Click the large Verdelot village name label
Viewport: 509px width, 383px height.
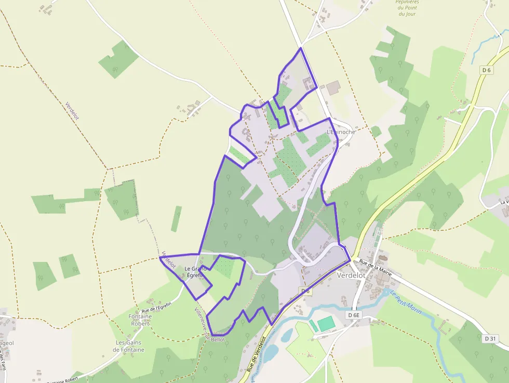point(352,275)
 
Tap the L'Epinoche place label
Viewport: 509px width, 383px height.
point(341,132)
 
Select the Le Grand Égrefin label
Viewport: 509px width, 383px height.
point(196,272)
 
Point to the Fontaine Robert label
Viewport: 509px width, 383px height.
point(140,320)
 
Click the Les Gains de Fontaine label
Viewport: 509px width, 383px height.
point(130,346)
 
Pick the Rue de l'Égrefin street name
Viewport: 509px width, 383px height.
point(156,307)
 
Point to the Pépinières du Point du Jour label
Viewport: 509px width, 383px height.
point(408,8)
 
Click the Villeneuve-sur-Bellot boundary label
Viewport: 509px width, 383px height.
point(209,325)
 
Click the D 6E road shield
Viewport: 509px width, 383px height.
point(354,315)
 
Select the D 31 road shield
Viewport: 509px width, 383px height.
point(490,339)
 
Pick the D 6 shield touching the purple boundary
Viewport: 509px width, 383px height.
point(305,291)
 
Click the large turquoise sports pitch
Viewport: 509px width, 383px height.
point(327,324)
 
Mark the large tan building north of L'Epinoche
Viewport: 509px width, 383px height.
point(333,87)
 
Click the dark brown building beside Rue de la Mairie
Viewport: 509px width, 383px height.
point(383,258)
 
